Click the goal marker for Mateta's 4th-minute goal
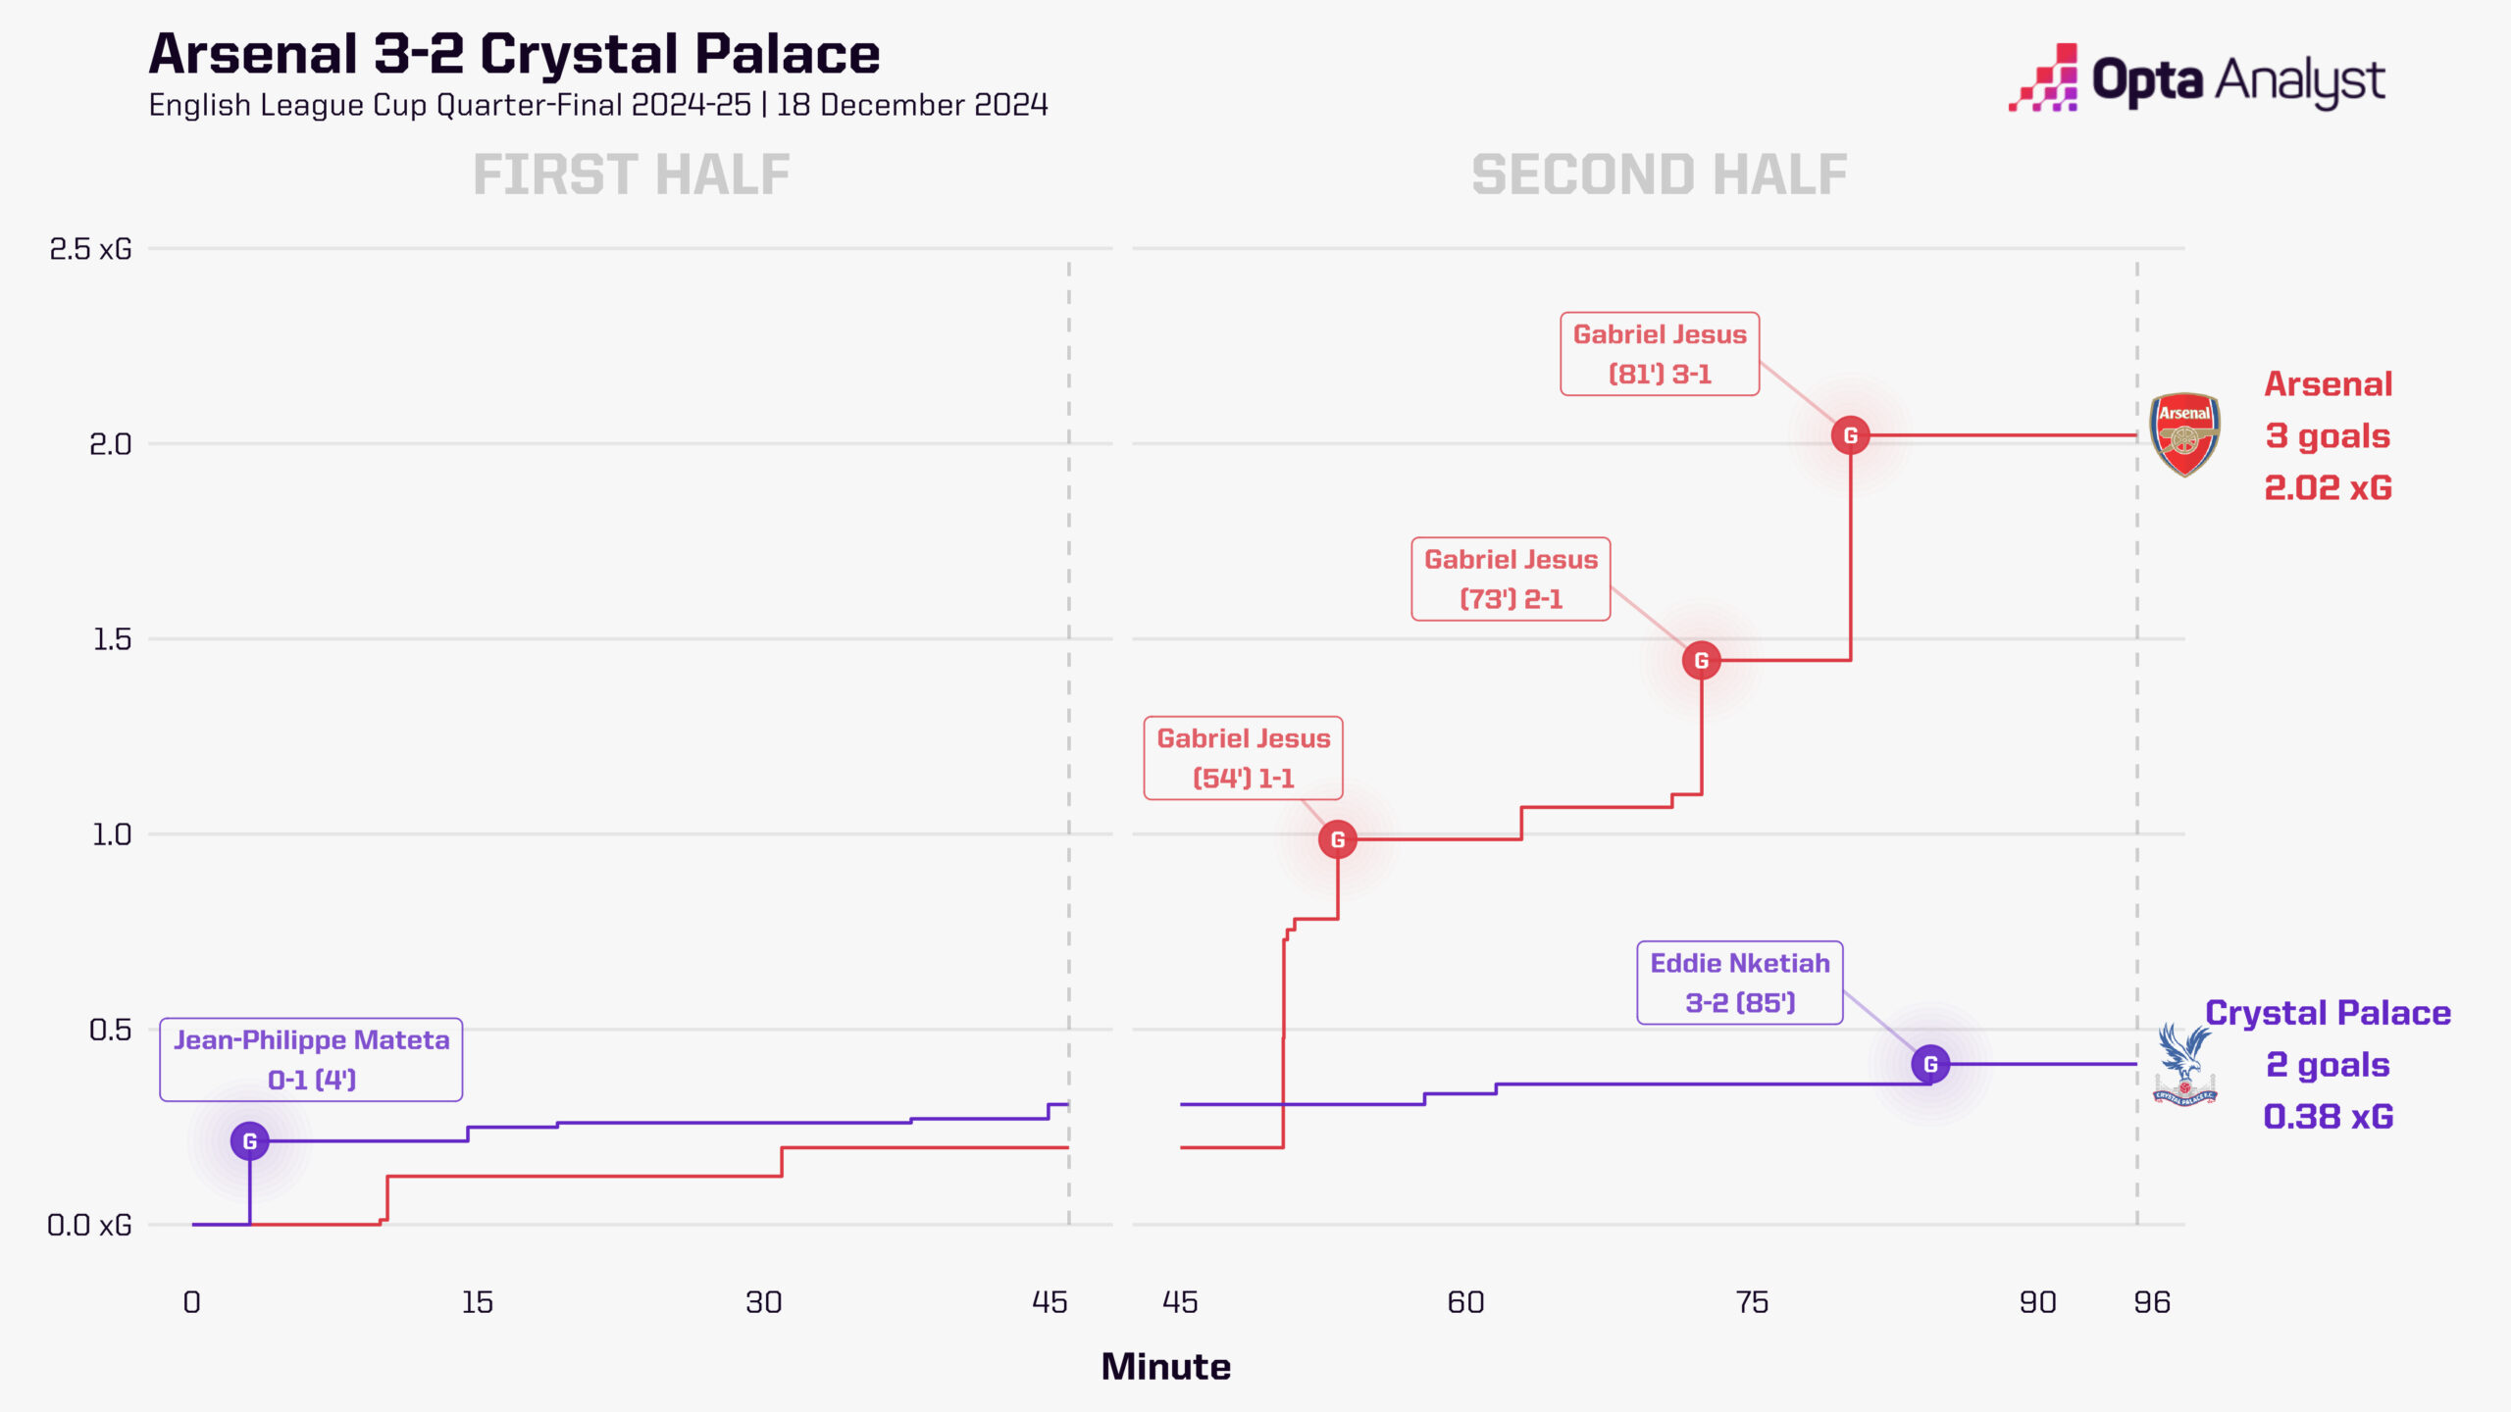250,1140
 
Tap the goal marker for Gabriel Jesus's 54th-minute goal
1337,839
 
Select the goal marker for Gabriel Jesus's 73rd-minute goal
1701,660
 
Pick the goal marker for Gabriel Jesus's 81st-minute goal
1850,435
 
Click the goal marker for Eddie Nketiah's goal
1929,1064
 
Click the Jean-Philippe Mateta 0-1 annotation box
311,1059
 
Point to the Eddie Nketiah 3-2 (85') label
1739,983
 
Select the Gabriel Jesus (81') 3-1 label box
1660,354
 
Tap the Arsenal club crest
2184,434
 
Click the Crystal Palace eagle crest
2184,1065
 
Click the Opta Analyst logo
2197,78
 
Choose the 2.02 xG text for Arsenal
2327,487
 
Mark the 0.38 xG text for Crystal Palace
2327,1116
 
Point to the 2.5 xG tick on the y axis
90,249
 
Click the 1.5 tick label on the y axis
111,639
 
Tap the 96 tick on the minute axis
2151,1302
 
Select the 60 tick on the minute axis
1465,1302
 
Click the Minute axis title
1165,1366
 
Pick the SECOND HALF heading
1659,175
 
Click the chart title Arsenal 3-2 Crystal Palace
514,54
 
